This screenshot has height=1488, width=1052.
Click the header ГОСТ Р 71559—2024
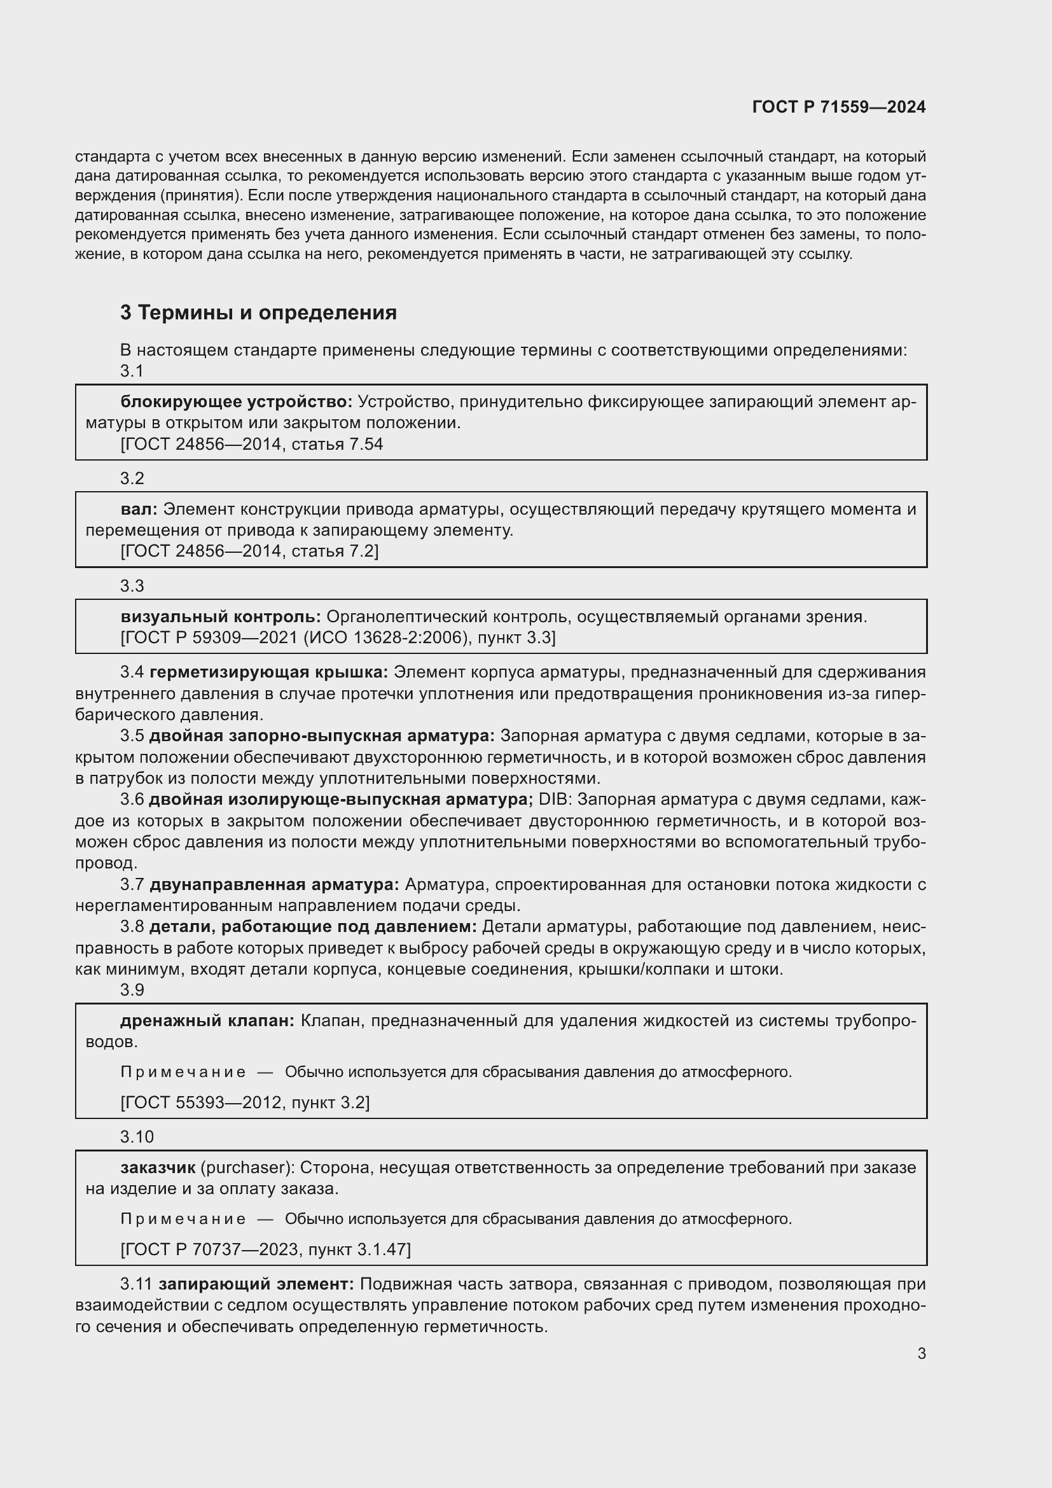pos(838,107)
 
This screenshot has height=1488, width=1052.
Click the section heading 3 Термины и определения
pos(258,313)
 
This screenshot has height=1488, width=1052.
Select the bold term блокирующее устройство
pos(236,403)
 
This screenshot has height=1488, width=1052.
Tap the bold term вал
pos(139,510)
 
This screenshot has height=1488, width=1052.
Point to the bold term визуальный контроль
pos(220,617)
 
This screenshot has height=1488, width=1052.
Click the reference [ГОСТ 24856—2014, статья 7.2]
pos(249,552)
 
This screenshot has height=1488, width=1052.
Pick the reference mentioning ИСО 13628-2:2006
pos(338,637)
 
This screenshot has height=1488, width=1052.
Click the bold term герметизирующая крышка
pos(268,672)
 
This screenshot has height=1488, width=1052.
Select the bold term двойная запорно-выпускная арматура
pos(321,736)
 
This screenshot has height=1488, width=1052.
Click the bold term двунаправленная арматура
pos(275,885)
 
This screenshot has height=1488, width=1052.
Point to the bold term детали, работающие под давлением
pos(312,928)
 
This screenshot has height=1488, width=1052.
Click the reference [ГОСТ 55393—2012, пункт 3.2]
pos(245,1102)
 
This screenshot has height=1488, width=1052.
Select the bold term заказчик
pos(157,1168)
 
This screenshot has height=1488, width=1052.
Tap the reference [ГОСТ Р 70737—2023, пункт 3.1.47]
pos(266,1249)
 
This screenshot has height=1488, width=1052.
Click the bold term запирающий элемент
pos(256,1284)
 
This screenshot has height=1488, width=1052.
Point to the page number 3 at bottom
pos(921,1354)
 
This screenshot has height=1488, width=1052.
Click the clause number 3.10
pos(137,1137)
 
